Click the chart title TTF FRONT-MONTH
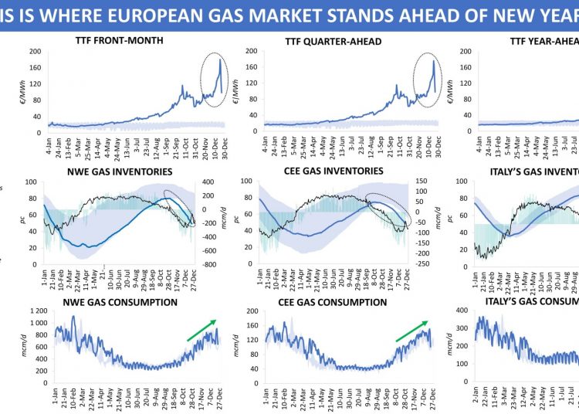pyautogui.click(x=120, y=41)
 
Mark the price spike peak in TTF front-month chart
pyautogui.click(x=219, y=59)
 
